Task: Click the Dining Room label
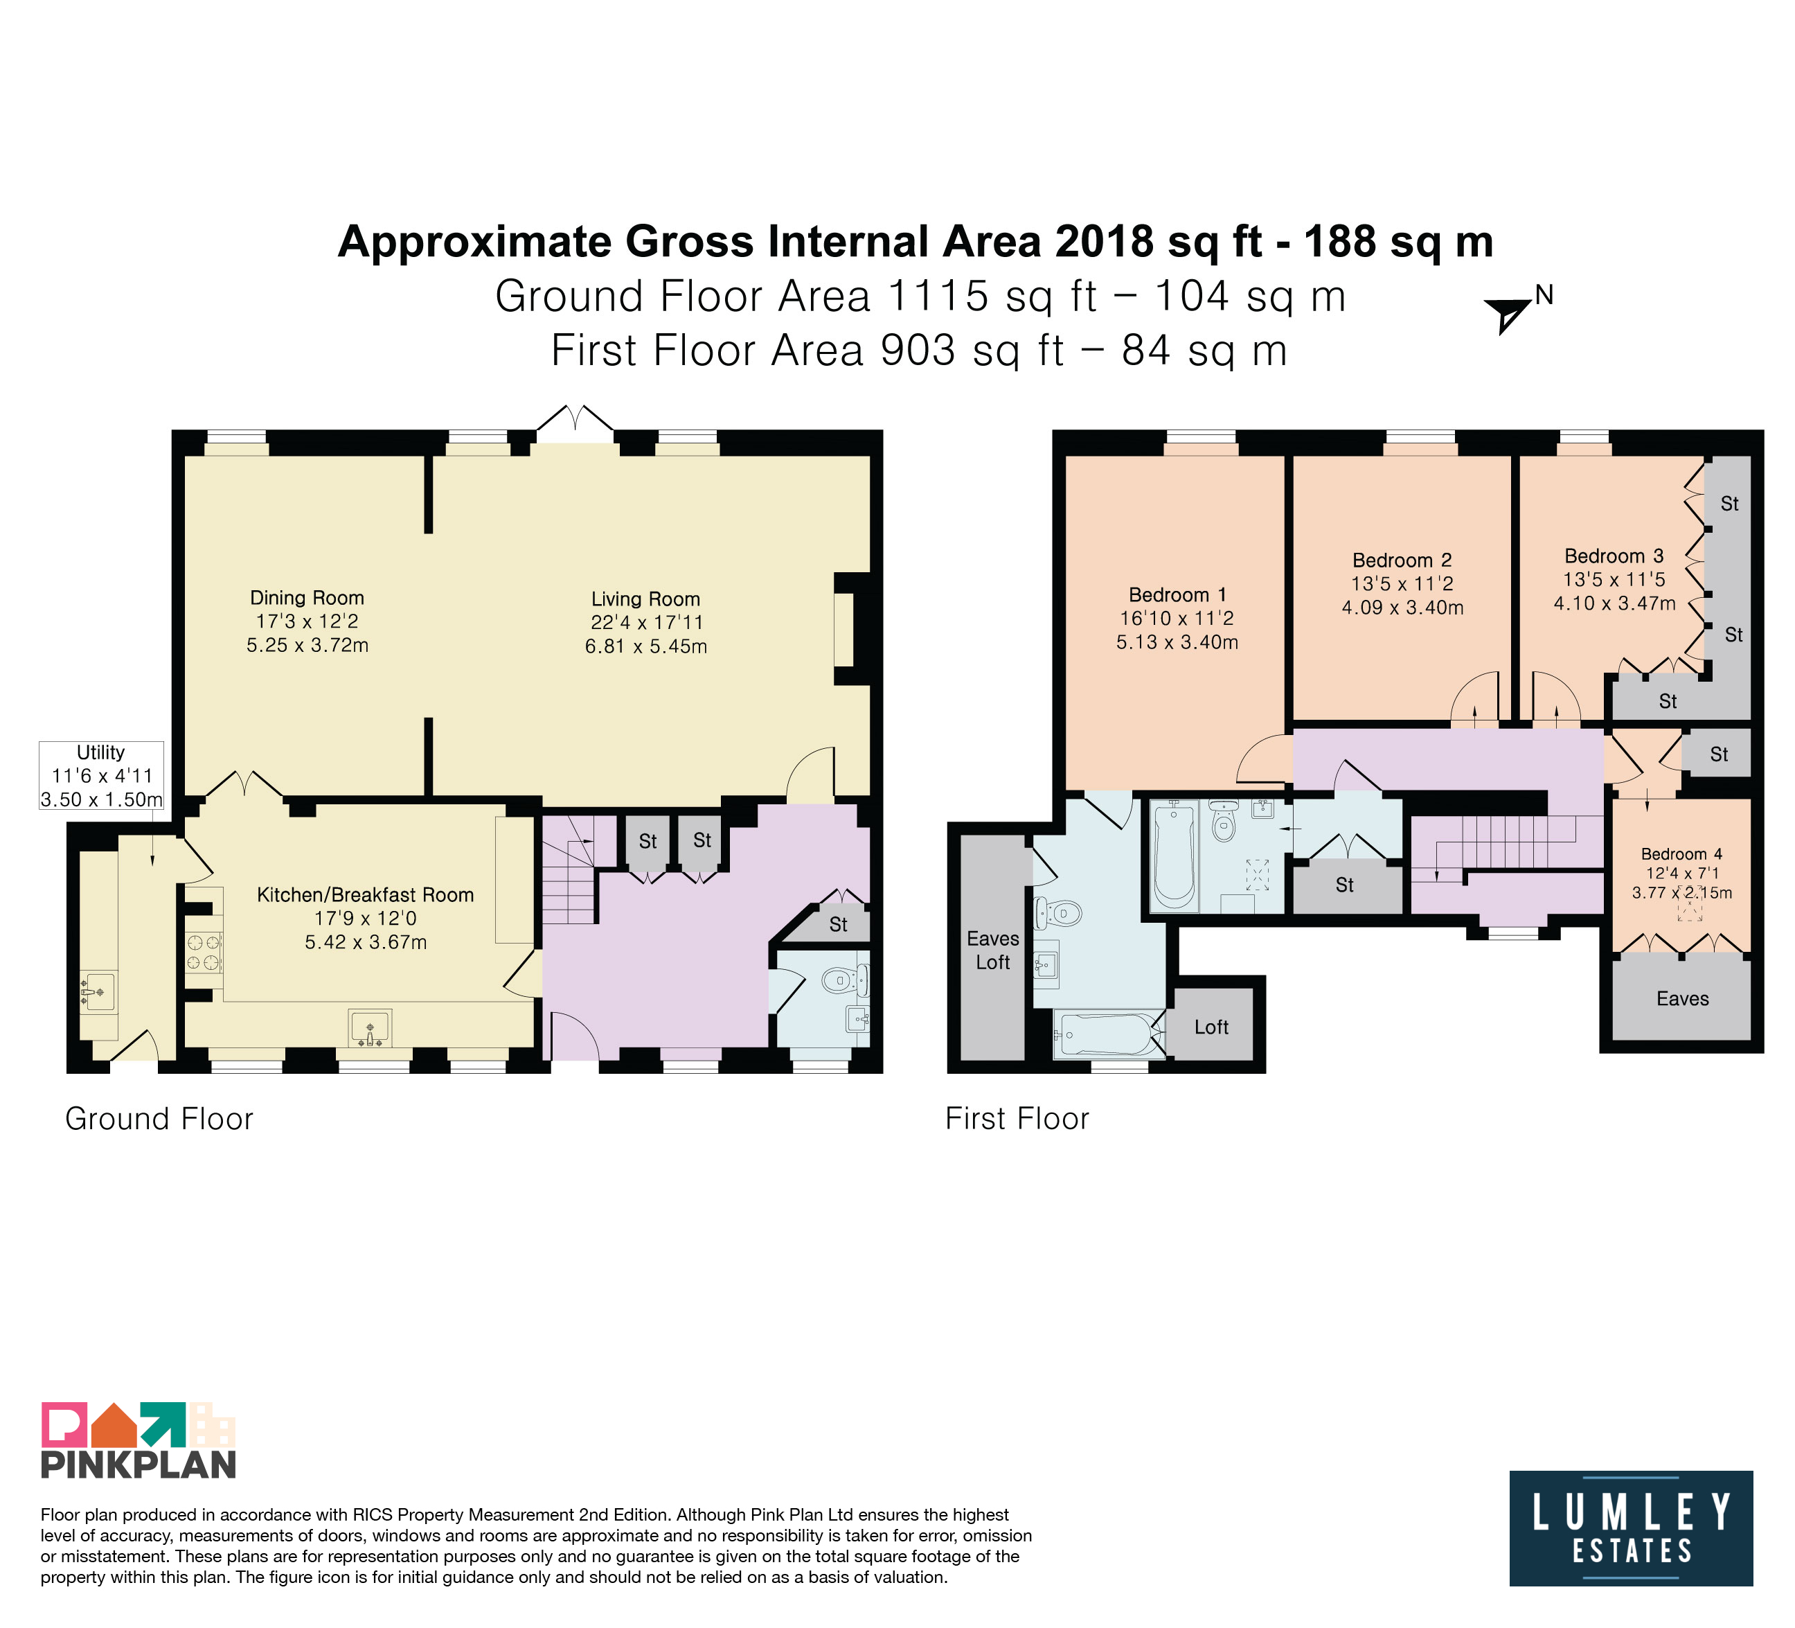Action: click(307, 598)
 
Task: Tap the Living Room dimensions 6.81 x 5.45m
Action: click(646, 646)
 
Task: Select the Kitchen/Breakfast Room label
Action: click(365, 895)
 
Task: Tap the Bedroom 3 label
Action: click(1614, 556)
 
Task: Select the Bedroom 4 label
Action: click(1682, 854)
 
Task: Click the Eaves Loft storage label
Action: click(993, 950)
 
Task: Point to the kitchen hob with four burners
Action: click(203, 950)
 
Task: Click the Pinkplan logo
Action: click(139, 1441)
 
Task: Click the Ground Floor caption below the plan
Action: click(159, 1119)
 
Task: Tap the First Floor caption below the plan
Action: click(1018, 1119)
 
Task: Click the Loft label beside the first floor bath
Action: click(1211, 1027)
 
